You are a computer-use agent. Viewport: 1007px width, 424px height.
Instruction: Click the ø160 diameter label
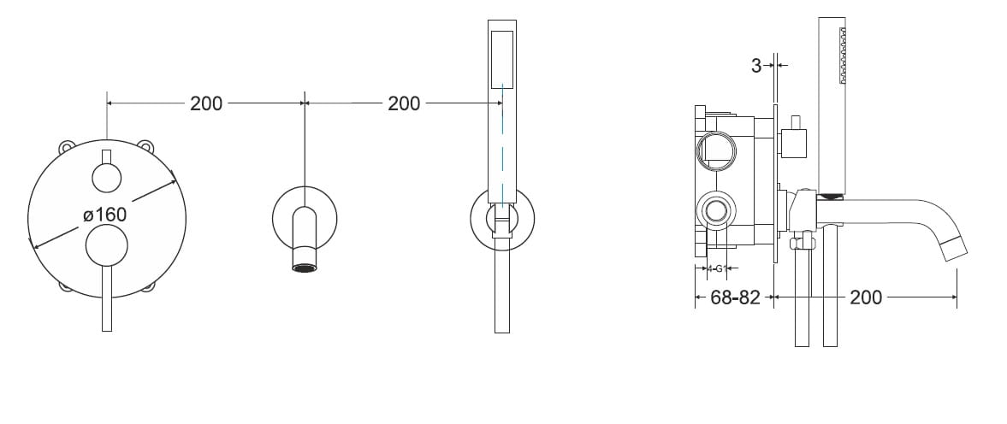click(104, 214)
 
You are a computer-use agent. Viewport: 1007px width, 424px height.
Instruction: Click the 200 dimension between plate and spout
click(206, 103)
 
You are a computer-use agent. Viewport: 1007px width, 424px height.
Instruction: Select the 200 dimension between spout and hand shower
click(404, 103)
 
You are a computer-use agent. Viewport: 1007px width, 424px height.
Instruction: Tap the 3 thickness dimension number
click(756, 66)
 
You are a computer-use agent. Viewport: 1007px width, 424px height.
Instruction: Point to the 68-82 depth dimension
click(735, 297)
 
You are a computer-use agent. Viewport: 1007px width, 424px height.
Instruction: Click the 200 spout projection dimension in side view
click(866, 297)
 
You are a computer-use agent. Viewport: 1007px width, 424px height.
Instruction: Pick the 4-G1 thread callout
click(716, 268)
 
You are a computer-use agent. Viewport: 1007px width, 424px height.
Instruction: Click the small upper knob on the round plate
click(107, 178)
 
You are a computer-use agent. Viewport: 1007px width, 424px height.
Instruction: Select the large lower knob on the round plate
click(107, 245)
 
